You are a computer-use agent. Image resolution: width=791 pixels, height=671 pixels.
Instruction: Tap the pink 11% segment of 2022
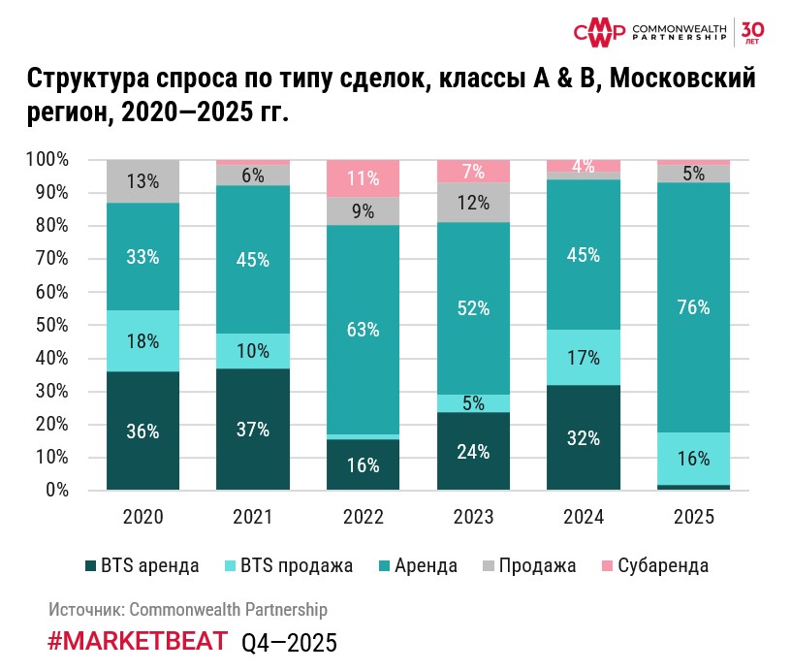point(364,178)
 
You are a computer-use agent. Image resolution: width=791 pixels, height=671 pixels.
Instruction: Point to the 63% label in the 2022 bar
point(364,328)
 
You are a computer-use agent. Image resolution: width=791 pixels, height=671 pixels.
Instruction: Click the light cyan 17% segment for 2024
point(584,357)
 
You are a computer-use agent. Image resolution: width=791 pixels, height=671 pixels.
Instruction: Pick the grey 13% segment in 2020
point(143,180)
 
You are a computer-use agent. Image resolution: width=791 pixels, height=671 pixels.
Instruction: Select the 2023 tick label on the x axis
point(474,518)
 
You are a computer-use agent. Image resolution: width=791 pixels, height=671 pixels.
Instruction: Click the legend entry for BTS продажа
point(287,566)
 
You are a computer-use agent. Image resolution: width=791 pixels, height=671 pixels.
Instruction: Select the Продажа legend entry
point(527,566)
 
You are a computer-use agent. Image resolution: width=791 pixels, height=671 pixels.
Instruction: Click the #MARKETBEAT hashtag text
point(138,641)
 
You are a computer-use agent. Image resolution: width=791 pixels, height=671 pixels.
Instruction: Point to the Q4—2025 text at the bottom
point(289,643)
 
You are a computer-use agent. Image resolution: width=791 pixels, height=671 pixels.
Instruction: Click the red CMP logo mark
point(600,33)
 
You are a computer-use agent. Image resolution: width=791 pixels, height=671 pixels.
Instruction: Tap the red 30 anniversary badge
point(753,32)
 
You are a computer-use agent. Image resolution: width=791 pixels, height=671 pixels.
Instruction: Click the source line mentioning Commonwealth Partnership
point(188,610)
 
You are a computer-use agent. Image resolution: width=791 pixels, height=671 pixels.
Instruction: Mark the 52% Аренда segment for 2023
point(474,308)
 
